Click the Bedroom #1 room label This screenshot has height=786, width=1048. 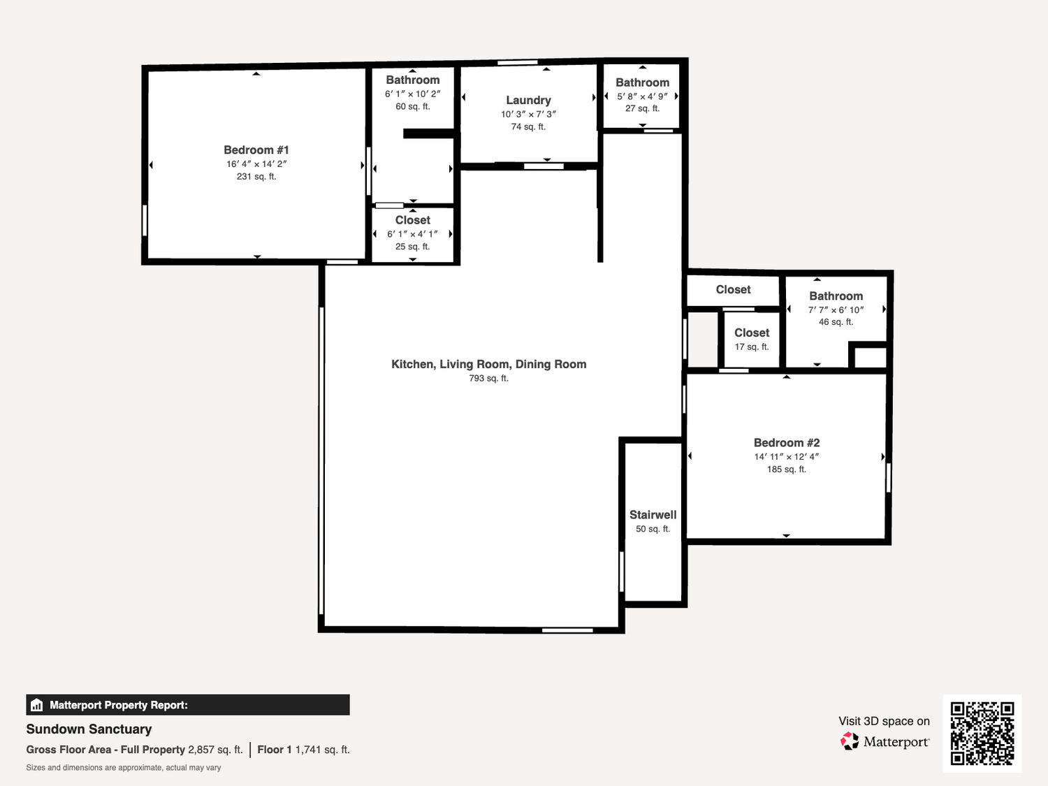pyautogui.click(x=256, y=150)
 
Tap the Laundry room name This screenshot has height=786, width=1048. pyautogui.click(x=528, y=100)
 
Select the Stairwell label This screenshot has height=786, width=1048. pyautogui.click(x=653, y=515)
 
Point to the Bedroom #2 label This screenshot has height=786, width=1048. pyautogui.click(x=787, y=443)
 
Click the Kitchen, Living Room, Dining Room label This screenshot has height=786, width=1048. pyautogui.click(x=489, y=364)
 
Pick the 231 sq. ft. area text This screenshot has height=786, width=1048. pyautogui.click(x=256, y=177)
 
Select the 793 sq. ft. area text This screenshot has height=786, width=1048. pyautogui.click(x=489, y=379)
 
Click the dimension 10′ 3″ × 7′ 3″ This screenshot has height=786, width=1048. pyautogui.click(x=528, y=115)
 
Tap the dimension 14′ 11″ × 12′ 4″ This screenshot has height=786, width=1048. pyautogui.click(x=787, y=457)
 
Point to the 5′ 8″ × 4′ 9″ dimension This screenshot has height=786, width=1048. pyautogui.click(x=642, y=96)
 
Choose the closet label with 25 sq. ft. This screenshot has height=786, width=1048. pyautogui.click(x=412, y=220)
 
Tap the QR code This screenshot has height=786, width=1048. pyautogui.click(x=982, y=734)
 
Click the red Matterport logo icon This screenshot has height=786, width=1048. pyautogui.click(x=850, y=741)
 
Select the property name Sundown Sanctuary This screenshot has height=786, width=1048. pyautogui.click(x=89, y=729)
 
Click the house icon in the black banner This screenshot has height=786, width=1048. pyautogui.click(x=36, y=705)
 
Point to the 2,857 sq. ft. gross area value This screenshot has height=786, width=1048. pyautogui.click(x=215, y=750)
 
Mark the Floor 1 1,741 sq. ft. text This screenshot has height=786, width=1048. pyautogui.click(x=304, y=750)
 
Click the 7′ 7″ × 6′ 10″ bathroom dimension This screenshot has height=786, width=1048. pyautogui.click(x=836, y=310)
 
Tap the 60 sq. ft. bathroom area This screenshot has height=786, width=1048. pyautogui.click(x=412, y=106)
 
